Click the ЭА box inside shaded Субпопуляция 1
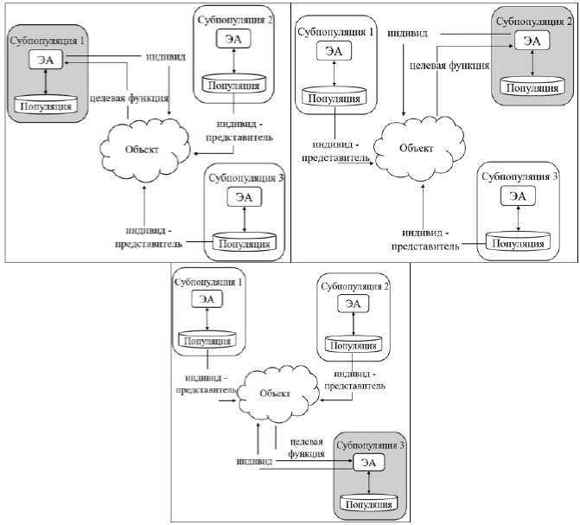coord(43,61)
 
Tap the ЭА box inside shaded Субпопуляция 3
coord(368,462)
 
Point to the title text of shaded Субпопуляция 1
coord(43,41)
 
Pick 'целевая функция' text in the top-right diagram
coord(448,63)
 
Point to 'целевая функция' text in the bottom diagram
coord(307,445)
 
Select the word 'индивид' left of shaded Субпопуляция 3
coord(255,461)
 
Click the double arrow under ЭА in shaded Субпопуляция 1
coord(43,83)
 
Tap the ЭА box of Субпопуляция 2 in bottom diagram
coord(353,303)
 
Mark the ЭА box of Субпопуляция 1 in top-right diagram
coord(334,52)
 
